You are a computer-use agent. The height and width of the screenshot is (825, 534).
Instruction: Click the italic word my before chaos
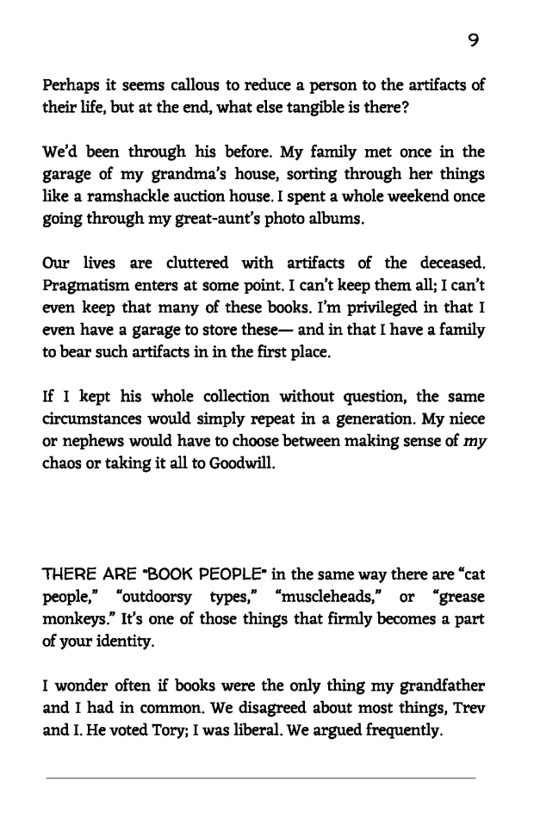pos(473,444)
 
